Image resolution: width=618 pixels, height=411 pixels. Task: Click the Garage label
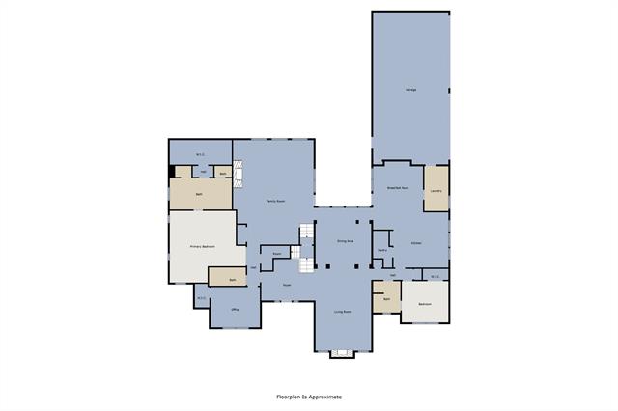coord(410,90)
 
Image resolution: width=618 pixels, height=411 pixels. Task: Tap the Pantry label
coord(382,250)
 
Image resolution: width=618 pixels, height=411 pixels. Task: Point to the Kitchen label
coord(415,242)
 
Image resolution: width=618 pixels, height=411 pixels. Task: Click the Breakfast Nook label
coord(398,188)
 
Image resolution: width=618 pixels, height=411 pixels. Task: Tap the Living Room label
coord(343,312)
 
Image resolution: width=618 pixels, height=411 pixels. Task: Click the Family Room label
coord(275,200)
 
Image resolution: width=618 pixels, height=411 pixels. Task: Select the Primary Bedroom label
coord(202,247)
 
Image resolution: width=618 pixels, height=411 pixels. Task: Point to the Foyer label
coord(287,286)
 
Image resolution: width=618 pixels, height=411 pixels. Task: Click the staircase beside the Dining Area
coord(306,246)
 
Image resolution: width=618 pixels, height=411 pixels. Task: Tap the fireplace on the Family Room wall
coord(241,175)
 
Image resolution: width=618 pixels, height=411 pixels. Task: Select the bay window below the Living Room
coord(343,353)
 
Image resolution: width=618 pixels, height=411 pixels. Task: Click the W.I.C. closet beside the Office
coord(201,297)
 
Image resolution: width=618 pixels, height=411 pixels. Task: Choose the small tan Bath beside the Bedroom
coord(386,299)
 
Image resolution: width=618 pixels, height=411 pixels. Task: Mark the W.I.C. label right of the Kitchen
coord(435,276)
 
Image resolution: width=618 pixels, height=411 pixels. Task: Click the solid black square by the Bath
coord(172,172)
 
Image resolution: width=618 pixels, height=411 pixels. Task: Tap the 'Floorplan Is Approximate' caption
coord(309,397)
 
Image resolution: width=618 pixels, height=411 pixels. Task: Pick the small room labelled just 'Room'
coord(276,254)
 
